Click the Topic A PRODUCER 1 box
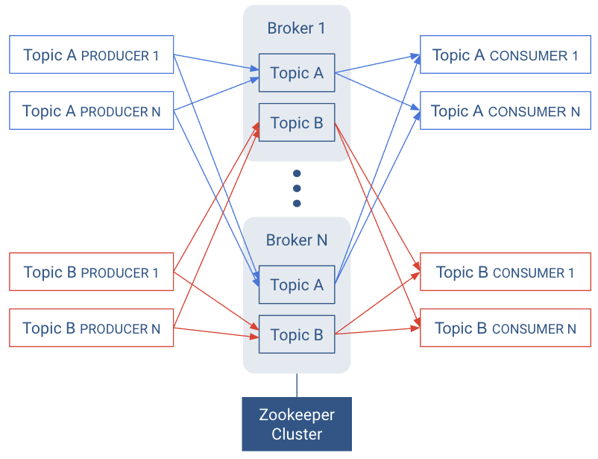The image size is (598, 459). (x=91, y=54)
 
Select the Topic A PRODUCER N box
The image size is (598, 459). (x=91, y=111)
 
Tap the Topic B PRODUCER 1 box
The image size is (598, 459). (x=91, y=272)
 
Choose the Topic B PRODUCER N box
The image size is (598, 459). (x=91, y=328)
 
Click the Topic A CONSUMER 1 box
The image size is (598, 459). (x=505, y=55)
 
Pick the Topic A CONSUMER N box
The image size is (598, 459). (x=505, y=111)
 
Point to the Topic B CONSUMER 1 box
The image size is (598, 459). (x=505, y=272)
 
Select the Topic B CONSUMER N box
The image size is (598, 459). (x=505, y=328)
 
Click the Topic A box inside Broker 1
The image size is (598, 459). (x=297, y=73)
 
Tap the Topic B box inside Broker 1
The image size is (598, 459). (x=297, y=123)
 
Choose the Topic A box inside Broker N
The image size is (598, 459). (x=297, y=284)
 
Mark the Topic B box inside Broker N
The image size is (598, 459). (x=297, y=335)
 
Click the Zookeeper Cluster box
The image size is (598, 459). (x=297, y=425)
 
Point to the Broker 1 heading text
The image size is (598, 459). (x=297, y=28)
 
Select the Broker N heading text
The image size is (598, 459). (x=297, y=240)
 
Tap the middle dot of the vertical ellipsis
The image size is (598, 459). (x=297, y=189)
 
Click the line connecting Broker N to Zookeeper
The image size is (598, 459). (x=297, y=385)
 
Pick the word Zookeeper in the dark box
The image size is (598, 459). (x=297, y=416)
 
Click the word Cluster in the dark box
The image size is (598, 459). (x=297, y=434)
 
